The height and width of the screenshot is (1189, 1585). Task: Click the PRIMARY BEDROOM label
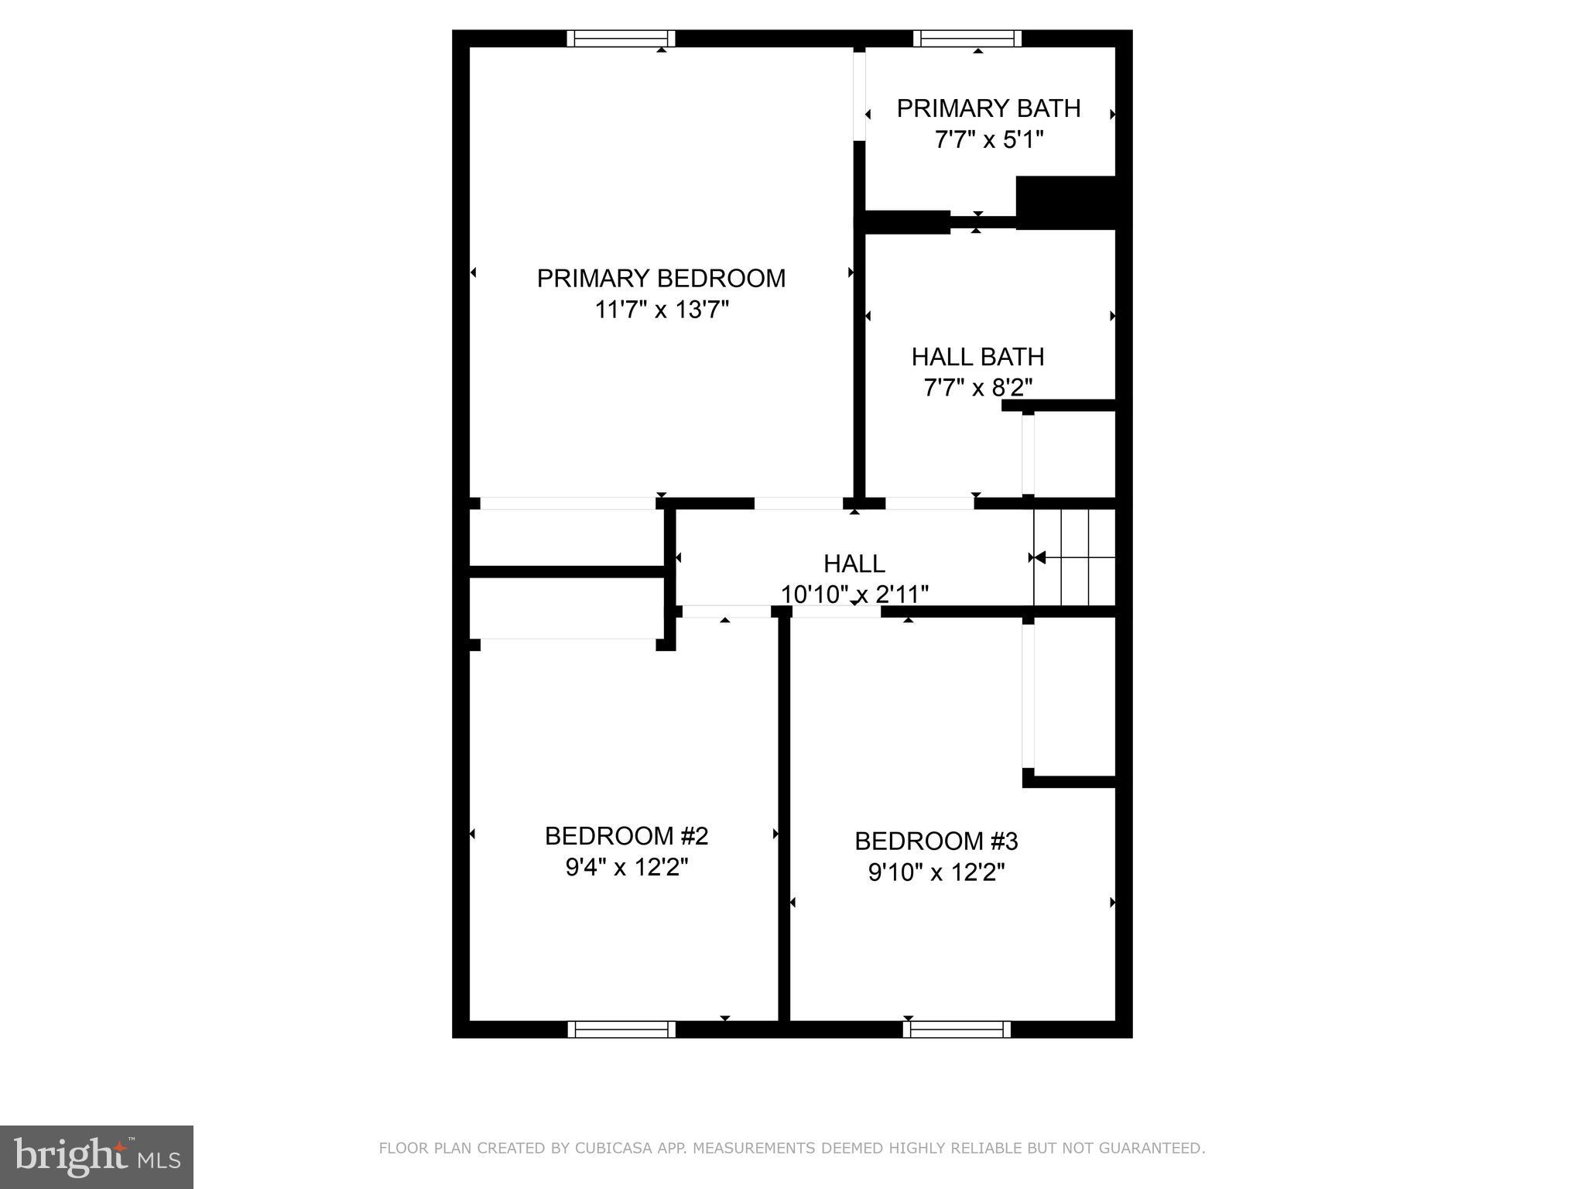[661, 279]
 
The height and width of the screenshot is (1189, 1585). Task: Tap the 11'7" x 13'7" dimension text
[662, 310]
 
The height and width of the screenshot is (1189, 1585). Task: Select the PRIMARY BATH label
[988, 109]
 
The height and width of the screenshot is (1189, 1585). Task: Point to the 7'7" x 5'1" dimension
[989, 141]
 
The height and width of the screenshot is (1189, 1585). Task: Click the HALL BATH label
[977, 357]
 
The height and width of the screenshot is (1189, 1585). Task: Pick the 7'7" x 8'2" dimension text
[977, 388]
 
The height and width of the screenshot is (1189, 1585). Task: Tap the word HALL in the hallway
[854, 564]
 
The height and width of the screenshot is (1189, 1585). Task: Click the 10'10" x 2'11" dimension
[854, 594]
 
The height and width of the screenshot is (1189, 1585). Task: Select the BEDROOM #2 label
[626, 836]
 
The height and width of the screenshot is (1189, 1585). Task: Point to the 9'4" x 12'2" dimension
[627, 868]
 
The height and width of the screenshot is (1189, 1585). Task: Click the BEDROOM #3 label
[936, 841]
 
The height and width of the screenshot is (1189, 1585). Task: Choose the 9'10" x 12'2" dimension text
[936, 873]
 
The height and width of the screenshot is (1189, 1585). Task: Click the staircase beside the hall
[1074, 557]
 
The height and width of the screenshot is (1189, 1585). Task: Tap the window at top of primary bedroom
[621, 39]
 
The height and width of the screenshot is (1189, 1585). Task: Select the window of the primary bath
[967, 39]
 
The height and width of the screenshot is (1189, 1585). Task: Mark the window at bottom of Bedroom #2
[621, 1029]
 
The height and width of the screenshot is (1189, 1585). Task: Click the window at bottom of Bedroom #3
[957, 1029]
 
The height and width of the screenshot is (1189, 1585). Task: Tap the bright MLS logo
[97, 1156]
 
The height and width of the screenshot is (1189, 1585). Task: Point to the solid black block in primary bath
[1066, 203]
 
